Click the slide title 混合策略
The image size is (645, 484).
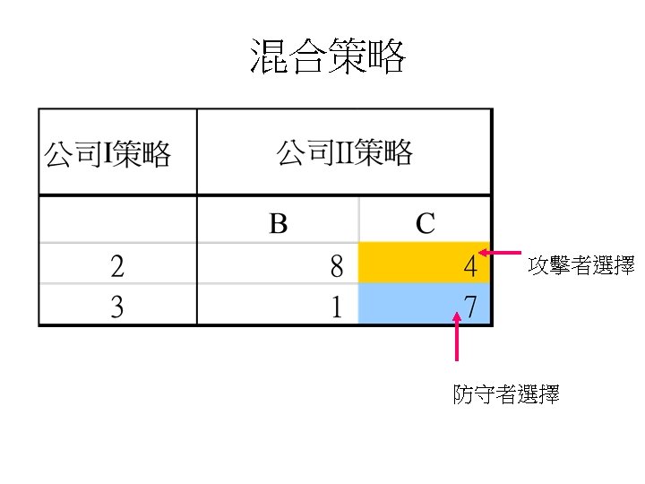327,57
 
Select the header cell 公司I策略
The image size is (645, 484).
107,153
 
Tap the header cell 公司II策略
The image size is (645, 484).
345,153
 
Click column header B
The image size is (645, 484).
278,222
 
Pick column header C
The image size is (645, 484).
425,222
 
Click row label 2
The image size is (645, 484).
117,265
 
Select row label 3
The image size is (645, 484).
117,307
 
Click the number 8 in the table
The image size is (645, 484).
336,265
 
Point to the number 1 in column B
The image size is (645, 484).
336,307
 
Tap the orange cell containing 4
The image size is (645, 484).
424,264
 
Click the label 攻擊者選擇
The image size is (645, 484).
581,265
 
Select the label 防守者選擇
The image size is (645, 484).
506,394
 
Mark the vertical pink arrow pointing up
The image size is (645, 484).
458,338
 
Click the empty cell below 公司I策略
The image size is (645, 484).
117,220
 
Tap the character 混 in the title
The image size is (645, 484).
268,57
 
